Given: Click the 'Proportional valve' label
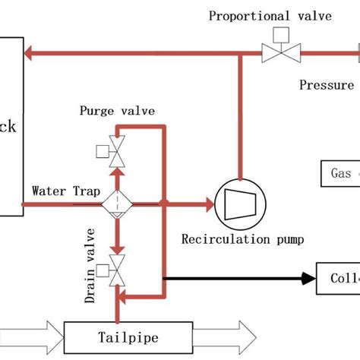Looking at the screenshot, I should pyautogui.click(x=270, y=16).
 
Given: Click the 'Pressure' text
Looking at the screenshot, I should pyautogui.click(x=327, y=85).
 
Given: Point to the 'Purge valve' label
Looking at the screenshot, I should pyautogui.click(x=117, y=111).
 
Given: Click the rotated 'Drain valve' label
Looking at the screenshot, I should pyautogui.click(x=91, y=265).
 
